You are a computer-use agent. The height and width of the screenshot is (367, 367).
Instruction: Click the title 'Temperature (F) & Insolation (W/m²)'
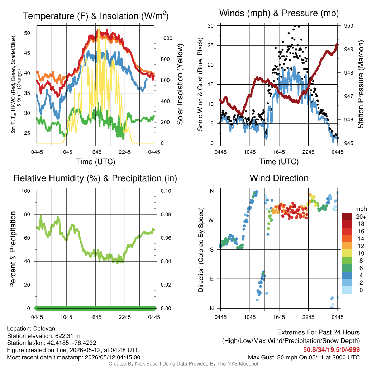pyautogui.click(x=95, y=16)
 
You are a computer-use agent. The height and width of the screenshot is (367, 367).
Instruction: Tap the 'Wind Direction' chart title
pyautogui.click(x=279, y=178)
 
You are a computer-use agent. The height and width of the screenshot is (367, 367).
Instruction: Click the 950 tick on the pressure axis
pyautogui.click(x=348, y=26)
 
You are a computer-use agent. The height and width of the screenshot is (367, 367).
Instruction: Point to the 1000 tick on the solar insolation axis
pyautogui.click(x=166, y=38)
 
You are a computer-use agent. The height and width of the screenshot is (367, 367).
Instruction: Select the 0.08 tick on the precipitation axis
pyautogui.click(x=166, y=214)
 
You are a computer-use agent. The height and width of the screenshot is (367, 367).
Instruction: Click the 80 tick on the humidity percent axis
pyautogui.click(x=27, y=214)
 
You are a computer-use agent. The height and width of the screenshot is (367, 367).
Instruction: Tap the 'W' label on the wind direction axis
pyautogui.click(x=211, y=220)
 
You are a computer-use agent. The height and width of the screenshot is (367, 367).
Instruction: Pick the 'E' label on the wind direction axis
pyautogui.click(x=211, y=279)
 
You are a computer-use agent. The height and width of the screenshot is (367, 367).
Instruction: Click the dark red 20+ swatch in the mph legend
pyautogui.click(x=347, y=216)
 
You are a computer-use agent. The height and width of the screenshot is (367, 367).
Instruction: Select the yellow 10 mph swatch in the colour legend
pyautogui.click(x=347, y=253)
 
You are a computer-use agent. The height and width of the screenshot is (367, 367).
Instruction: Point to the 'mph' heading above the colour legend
pyautogui.click(x=361, y=209)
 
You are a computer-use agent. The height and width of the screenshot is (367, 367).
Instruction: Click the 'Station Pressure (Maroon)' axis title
pyautogui.click(x=361, y=84)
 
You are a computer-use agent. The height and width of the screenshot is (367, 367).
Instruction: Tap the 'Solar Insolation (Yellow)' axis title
pyautogui.click(x=180, y=84)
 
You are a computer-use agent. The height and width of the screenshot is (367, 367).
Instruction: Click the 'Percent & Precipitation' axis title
pyautogui.click(x=13, y=249)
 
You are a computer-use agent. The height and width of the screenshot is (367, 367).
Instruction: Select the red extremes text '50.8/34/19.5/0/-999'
pyautogui.click(x=332, y=350)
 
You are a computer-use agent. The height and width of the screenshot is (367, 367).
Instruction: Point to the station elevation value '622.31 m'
pyautogui.click(x=68, y=336)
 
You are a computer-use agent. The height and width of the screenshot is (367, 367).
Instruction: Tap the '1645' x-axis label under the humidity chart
pyautogui.click(x=95, y=317)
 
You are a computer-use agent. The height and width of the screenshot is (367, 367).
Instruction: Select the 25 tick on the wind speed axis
pyautogui.click(x=211, y=45)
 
